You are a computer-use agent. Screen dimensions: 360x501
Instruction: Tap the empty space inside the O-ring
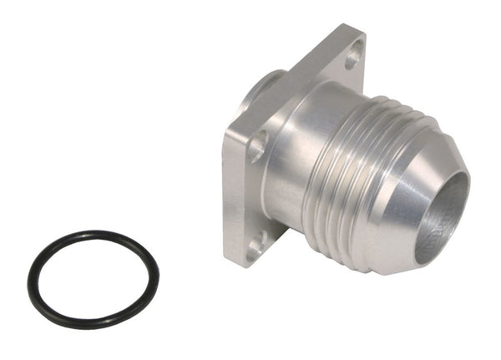tap(93, 279)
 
